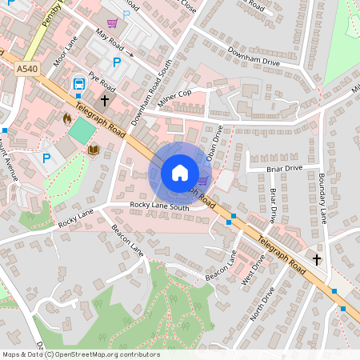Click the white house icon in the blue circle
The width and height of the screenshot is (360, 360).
tap(179, 172)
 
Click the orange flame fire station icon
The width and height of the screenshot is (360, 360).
tap(66, 118)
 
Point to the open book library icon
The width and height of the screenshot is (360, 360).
tap(93, 150)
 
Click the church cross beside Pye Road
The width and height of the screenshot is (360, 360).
tap(105, 101)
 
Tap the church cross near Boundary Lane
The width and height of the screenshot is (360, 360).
tap(316, 259)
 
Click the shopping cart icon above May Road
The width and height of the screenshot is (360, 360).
tap(112, 24)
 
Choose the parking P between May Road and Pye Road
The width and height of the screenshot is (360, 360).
tap(117, 62)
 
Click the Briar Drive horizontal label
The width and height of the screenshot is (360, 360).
tap(285, 168)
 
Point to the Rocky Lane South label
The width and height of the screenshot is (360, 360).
tap(159, 207)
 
